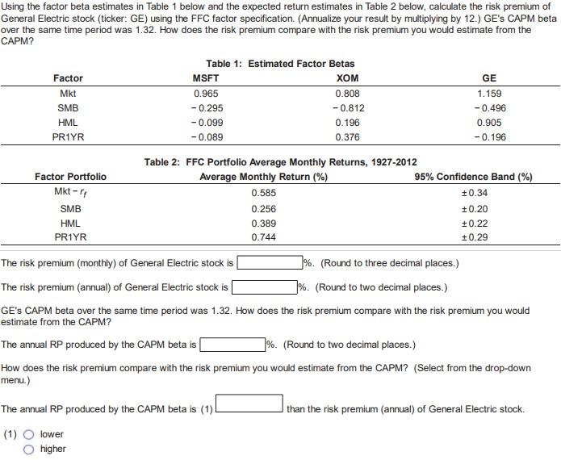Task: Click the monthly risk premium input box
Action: point(269,262)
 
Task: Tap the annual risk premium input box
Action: point(264,286)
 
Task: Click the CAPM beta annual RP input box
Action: point(232,345)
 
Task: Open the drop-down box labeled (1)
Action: point(249,402)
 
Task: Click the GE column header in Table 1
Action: point(488,78)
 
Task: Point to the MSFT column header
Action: point(205,78)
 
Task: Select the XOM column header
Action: point(346,78)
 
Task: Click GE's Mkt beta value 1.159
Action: point(488,94)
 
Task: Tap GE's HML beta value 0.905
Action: point(488,123)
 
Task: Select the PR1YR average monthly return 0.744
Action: point(262,237)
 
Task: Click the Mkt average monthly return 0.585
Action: point(262,193)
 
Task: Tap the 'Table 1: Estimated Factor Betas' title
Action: point(280,63)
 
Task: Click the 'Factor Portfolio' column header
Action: point(70,177)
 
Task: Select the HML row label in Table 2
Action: point(70,223)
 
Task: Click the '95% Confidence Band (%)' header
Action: point(473,177)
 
